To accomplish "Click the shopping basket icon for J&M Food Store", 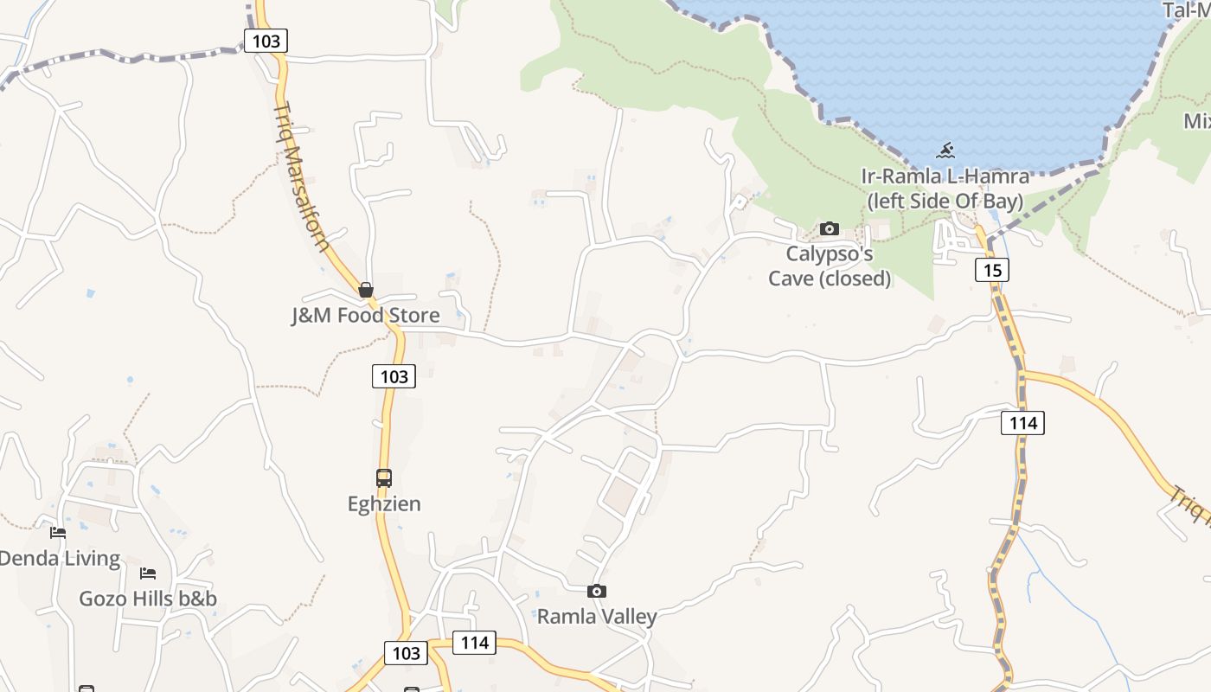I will pos(366,290).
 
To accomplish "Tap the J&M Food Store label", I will pos(365,316).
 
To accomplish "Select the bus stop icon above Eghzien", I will pos(384,478).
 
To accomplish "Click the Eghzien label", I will pos(384,503).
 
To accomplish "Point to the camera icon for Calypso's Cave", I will pos(830,229).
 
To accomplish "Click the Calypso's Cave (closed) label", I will pos(830,266).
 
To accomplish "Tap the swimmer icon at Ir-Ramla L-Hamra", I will pos(945,151).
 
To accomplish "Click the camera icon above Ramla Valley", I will pos(597,592).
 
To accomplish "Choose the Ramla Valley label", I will pos(597,617).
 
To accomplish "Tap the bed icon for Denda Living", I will pos(58,533).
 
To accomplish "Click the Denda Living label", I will pos(61,559).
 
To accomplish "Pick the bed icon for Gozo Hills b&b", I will pos(148,573).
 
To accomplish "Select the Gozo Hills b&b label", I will pos(148,599).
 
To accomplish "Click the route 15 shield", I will pos(992,270).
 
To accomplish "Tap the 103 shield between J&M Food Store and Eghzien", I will pos(394,376).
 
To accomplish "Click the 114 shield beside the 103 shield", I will pos(475,643).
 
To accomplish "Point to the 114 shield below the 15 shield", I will pos(1023,423).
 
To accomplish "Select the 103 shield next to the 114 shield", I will pos(406,654).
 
